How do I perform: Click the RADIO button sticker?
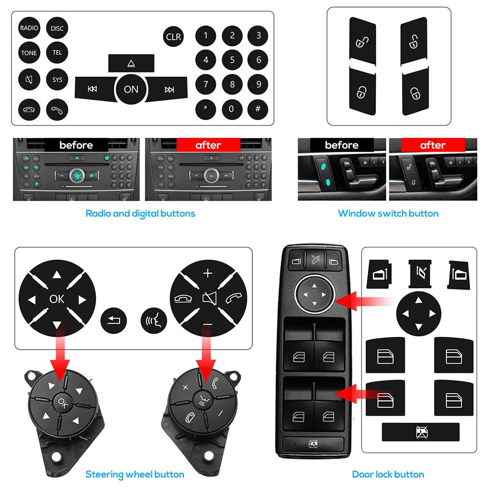(29, 28)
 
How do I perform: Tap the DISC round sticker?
(57, 28)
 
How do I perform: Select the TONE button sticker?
(29, 53)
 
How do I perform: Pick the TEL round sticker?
(57, 53)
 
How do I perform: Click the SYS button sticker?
(57, 79)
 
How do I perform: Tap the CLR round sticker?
(173, 37)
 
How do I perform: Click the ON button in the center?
(131, 89)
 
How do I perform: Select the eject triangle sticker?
(131, 63)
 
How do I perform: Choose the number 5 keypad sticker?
(232, 60)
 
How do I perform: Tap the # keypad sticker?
(258, 108)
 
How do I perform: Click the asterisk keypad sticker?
(206, 108)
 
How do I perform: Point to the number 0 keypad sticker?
(232, 108)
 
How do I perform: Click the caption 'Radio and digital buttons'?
(140, 213)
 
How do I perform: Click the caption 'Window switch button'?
(388, 213)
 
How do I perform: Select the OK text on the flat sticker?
(56, 299)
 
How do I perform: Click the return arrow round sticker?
(113, 321)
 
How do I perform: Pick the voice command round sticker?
(154, 321)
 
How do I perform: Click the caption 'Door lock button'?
(388, 474)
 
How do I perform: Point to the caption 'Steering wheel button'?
(135, 474)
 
